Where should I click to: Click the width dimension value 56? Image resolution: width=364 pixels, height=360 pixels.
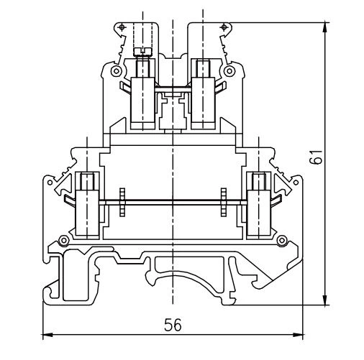173,324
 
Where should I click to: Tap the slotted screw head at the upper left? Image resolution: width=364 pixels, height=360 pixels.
142,50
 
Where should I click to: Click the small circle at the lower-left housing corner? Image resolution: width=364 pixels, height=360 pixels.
64,239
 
